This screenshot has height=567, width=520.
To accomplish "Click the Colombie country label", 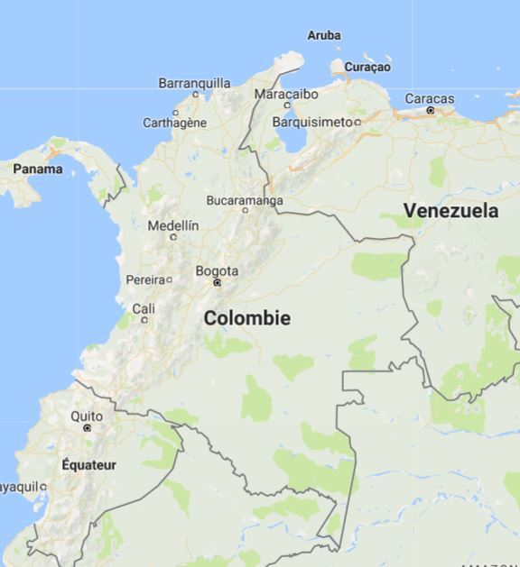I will pos(246,318).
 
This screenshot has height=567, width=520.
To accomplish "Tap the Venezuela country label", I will pos(450,210).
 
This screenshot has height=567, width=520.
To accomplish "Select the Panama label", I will pos(38,169).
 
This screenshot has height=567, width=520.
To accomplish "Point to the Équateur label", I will pos(89,464).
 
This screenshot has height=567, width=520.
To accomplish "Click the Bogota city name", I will pos(217,270).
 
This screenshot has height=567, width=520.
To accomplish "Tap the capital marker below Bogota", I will pos(217,283).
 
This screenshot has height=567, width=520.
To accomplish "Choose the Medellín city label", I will pos(172,225).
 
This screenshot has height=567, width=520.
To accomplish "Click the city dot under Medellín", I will pos(173,237).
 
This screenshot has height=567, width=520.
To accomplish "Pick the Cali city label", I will pos(144,308).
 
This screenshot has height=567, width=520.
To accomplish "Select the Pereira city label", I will pos(145,279).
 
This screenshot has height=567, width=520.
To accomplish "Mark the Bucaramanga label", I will pos(245,200).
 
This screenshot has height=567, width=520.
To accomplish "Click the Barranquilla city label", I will pos(194,83).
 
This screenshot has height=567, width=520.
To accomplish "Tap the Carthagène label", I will pos(175,123).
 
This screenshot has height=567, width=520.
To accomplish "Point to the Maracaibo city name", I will pos(286,94).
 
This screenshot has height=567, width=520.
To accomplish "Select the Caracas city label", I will pos(430,98).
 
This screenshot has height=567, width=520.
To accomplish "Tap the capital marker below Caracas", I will pos(431,110).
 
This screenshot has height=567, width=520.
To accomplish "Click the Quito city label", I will pos(87,416).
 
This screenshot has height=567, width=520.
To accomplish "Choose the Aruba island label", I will pos(324,35).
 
